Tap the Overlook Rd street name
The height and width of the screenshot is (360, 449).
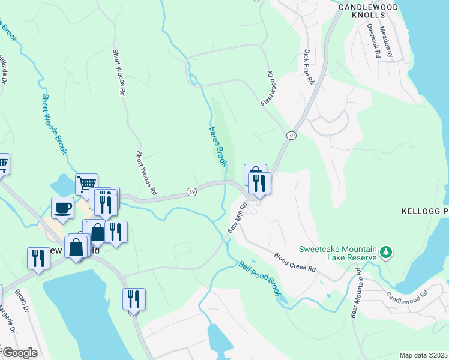pos(373,41)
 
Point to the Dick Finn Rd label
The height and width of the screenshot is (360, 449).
pos(309,67)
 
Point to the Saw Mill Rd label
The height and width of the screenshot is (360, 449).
pos(237,218)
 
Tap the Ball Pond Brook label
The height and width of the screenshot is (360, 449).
pos(259,277)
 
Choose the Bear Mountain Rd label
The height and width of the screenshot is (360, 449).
pos(358,297)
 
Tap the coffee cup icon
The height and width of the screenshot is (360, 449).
pos(63,208)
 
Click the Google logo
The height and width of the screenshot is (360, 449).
pos(20,353)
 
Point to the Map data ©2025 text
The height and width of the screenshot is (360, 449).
pos(423,355)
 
